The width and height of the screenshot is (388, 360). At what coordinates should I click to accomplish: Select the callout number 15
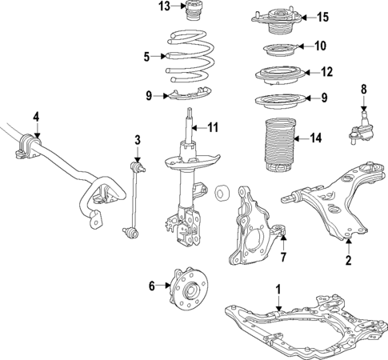pyautogui.click(x=322, y=17)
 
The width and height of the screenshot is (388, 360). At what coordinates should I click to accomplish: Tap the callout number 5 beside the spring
pyautogui.click(x=146, y=56)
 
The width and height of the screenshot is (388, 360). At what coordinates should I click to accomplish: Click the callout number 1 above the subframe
pyautogui.click(x=278, y=288)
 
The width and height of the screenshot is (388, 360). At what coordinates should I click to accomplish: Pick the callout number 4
pyautogui.click(x=36, y=118)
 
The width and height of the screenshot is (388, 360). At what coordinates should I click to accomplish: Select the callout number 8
pyautogui.click(x=363, y=89)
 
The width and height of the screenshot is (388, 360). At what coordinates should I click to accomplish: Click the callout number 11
pyautogui.click(x=212, y=128)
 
